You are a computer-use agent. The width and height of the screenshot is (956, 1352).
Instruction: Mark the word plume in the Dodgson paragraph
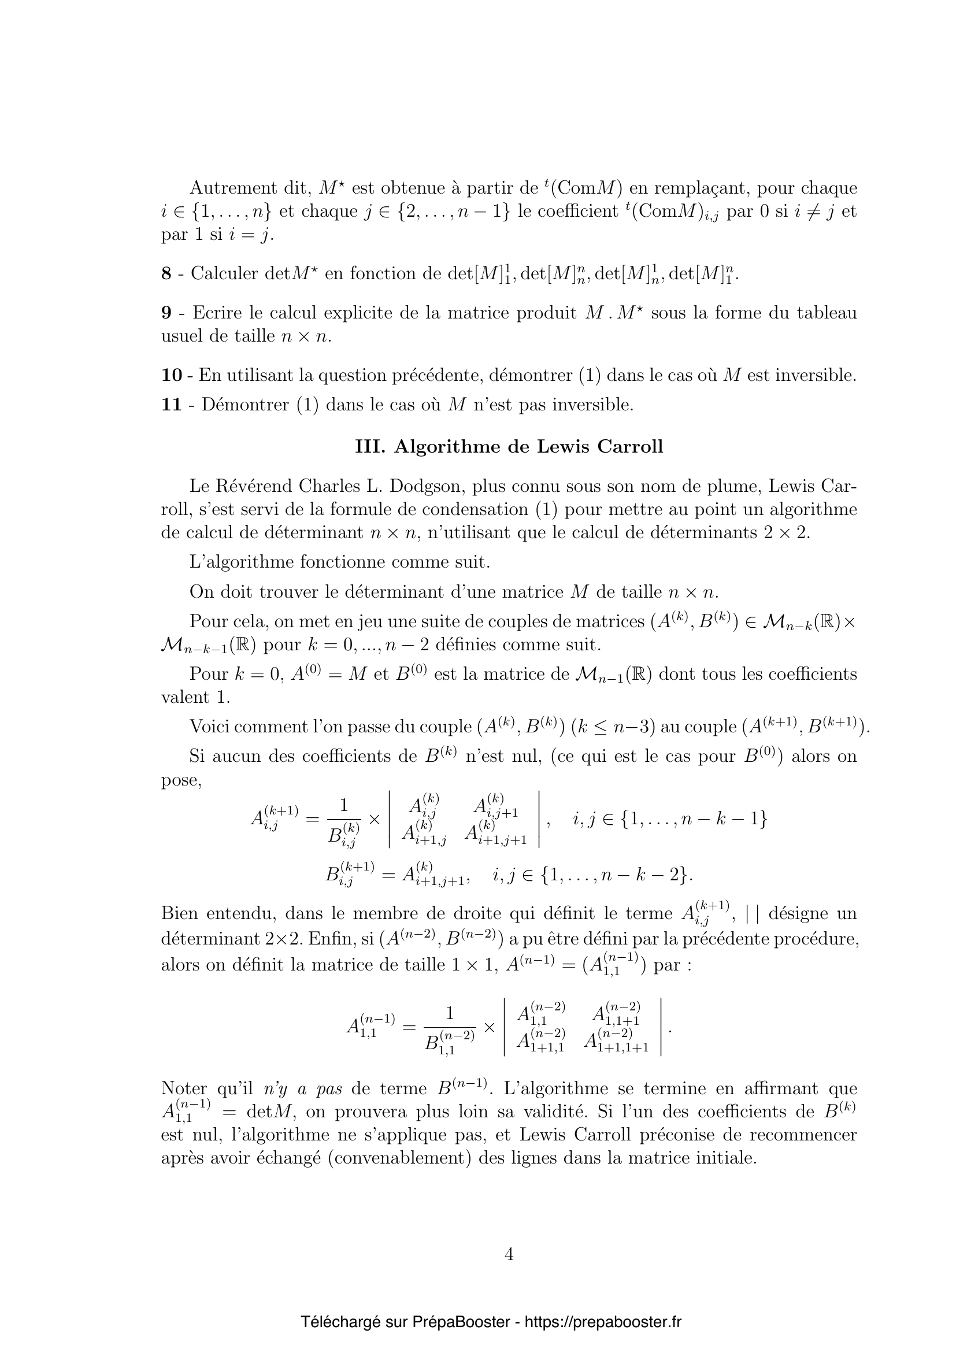[683, 488]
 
